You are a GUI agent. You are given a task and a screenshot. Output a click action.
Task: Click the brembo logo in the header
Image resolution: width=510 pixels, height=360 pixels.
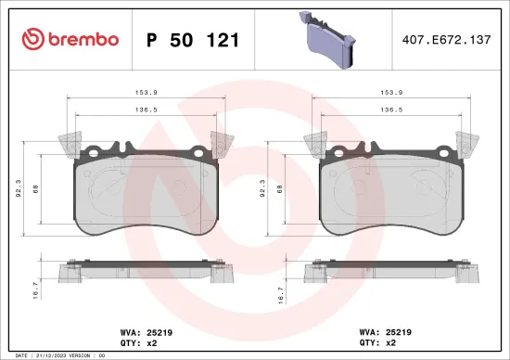click(x=70, y=39)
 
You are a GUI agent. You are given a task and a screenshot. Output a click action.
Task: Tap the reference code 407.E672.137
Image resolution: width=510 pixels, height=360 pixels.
click(x=442, y=40)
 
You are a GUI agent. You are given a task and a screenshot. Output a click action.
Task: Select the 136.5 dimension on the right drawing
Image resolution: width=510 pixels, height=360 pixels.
click(x=392, y=109)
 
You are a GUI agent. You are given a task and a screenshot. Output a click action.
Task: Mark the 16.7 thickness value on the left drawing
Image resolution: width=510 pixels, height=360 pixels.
click(x=36, y=289)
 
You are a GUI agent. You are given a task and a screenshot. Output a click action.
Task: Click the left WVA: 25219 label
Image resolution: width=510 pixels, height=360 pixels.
click(x=136, y=329)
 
